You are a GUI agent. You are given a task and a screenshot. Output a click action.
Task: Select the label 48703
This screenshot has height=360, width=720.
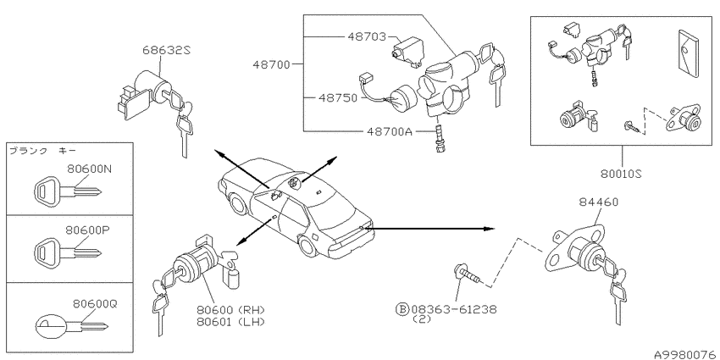366,36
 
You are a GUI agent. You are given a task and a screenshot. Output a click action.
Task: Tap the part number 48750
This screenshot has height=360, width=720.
336,97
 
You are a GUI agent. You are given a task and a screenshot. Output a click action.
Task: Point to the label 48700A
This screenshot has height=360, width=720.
390,132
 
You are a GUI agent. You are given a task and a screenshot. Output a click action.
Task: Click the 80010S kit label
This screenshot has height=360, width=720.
621,174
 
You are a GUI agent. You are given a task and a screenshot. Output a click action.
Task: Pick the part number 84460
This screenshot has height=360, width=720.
598,202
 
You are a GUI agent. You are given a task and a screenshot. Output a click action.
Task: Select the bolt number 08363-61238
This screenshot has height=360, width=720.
454,309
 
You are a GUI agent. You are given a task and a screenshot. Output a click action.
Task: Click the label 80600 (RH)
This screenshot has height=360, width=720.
231,309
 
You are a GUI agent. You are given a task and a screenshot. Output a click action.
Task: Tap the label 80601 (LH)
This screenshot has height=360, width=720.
231,321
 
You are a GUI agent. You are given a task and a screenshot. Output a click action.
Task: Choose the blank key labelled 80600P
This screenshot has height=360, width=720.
67,252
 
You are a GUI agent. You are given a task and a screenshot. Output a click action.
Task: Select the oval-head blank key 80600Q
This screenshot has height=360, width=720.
71,325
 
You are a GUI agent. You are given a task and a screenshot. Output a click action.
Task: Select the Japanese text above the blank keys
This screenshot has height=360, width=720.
43,151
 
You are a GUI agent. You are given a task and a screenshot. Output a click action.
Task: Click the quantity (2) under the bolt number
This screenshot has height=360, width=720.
423,319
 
